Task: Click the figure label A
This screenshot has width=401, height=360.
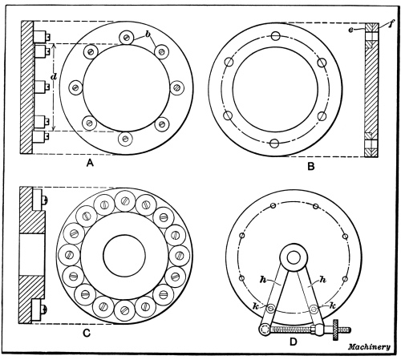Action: coord(90,163)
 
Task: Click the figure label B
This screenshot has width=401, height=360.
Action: coord(311,167)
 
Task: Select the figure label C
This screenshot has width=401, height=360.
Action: coord(86,334)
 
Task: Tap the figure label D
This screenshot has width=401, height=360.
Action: coord(294,342)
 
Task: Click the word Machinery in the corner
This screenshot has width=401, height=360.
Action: coord(369,347)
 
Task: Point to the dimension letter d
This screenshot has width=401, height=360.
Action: coord(54,77)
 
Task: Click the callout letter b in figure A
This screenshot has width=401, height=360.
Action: coord(147,34)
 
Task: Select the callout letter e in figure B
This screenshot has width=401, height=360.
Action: coord(350,30)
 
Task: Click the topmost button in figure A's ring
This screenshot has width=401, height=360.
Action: coord(127,38)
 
